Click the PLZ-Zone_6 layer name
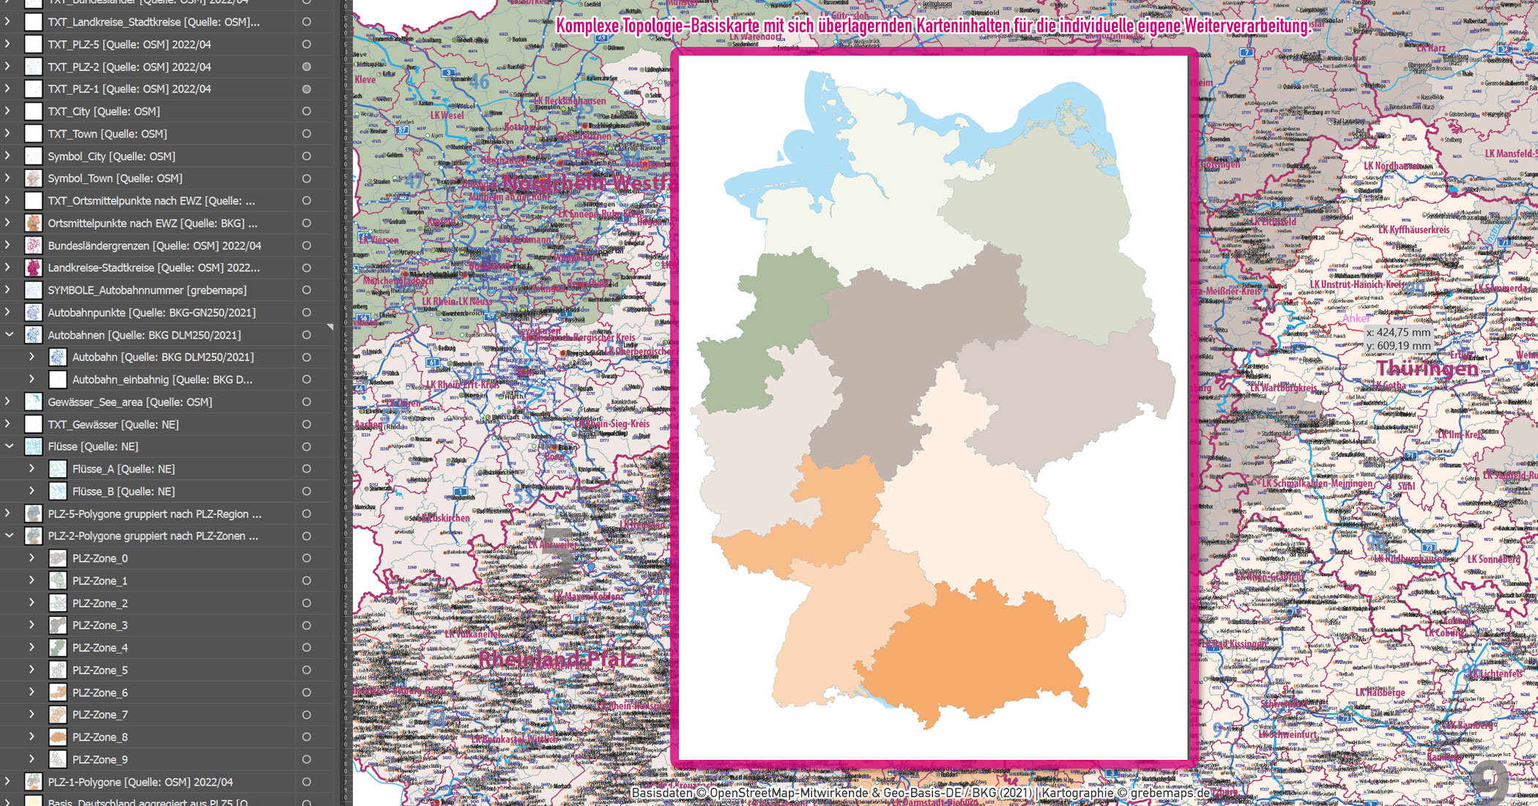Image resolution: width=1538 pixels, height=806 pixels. click(100, 692)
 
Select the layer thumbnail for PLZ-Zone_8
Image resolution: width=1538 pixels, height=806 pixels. click(58, 737)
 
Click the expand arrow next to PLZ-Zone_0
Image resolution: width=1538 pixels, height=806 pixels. click(31, 558)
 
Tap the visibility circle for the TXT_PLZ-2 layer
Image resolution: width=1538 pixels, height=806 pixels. click(306, 67)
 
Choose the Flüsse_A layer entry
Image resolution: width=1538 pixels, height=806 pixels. click(123, 469)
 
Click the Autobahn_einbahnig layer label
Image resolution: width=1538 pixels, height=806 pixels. click(162, 380)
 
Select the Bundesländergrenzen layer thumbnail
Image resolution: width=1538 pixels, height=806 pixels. click(34, 245)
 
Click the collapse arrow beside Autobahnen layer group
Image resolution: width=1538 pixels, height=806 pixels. click(10, 335)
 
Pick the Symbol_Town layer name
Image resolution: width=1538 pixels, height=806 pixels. click(115, 178)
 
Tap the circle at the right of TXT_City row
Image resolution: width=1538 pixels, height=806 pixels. click(306, 111)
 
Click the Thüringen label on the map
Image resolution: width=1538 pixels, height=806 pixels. click(1427, 369)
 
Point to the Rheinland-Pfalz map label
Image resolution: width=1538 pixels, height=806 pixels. click(557, 659)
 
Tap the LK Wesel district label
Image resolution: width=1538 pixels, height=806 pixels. click(447, 115)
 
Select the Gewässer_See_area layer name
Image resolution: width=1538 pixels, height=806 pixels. click(130, 402)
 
